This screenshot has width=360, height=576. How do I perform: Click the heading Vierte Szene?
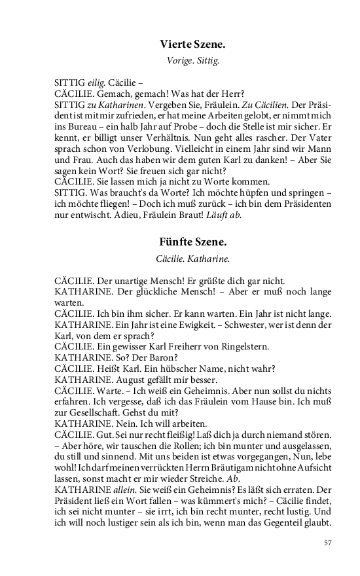(x=192, y=45)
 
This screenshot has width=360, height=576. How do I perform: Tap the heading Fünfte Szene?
(x=192, y=242)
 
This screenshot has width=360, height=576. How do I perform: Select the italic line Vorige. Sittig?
(x=192, y=62)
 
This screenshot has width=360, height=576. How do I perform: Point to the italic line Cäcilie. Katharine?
(x=192, y=259)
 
